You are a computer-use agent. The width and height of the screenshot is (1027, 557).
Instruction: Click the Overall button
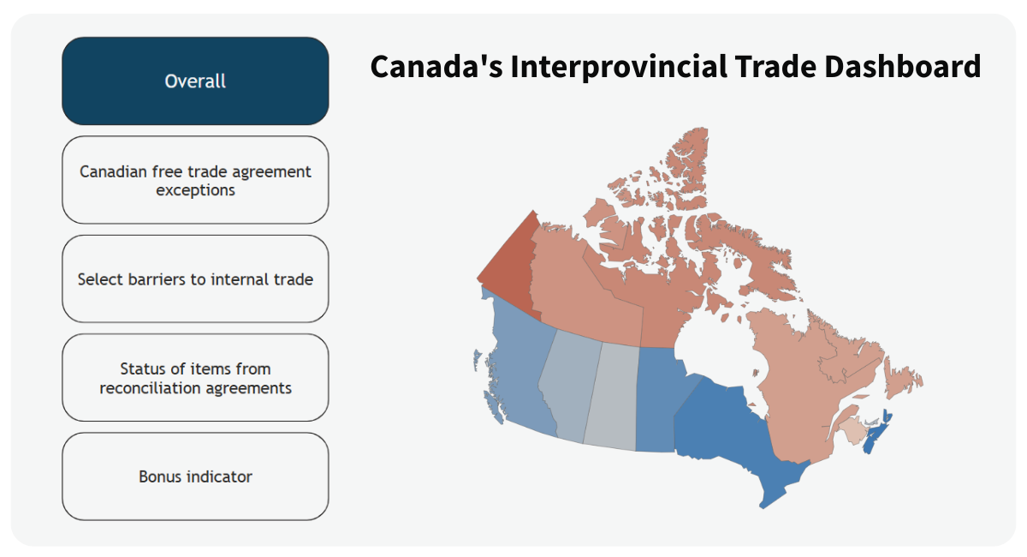[195, 81]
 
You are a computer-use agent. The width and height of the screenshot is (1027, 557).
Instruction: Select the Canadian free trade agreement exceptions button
[195, 180]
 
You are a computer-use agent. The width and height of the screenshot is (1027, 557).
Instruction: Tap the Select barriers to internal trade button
[195, 279]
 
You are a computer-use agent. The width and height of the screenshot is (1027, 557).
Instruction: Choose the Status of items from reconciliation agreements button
[195, 378]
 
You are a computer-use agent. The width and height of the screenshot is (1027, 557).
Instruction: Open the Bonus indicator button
[195, 476]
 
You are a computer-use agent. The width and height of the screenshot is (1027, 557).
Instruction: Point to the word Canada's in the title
[436, 67]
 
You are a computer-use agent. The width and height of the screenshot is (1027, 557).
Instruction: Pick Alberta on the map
[569, 386]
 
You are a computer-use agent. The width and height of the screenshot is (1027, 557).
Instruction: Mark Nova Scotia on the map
[876, 434]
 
